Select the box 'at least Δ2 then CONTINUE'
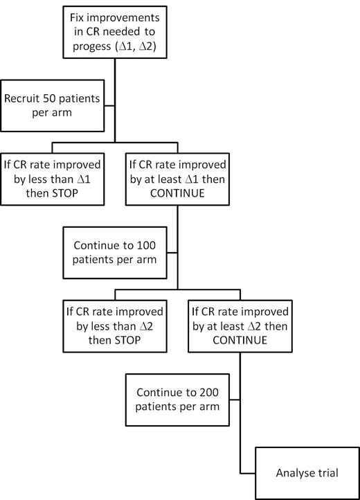pyautogui.click(x=240, y=321)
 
